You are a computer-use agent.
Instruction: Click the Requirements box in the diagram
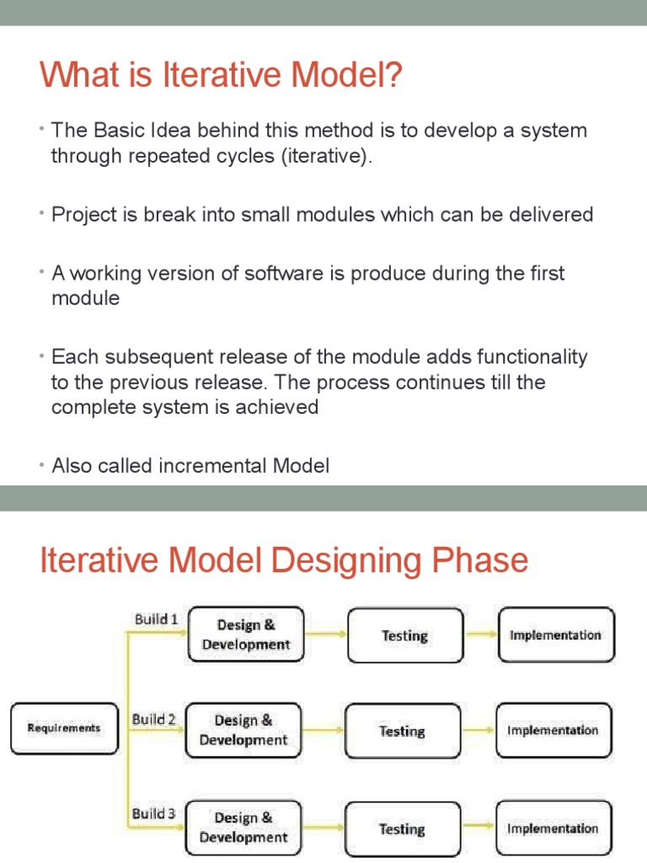[x=64, y=728]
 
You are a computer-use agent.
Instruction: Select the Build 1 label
[x=156, y=619]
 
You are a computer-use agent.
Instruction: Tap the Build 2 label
[x=153, y=720]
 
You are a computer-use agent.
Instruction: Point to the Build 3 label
[x=153, y=814]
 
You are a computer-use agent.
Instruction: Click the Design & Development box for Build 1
[x=245, y=635]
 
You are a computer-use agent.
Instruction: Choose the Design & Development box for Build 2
[x=243, y=730]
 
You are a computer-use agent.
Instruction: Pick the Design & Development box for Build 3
[x=243, y=828]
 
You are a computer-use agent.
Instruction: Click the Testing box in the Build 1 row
[x=404, y=635]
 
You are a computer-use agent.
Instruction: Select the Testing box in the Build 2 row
[x=402, y=731]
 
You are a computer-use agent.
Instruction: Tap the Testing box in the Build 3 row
[x=402, y=828]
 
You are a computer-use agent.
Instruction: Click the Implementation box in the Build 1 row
[x=555, y=635]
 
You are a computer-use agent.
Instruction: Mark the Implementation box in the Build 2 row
[x=553, y=730]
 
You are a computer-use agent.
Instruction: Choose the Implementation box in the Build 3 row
[x=553, y=828]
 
